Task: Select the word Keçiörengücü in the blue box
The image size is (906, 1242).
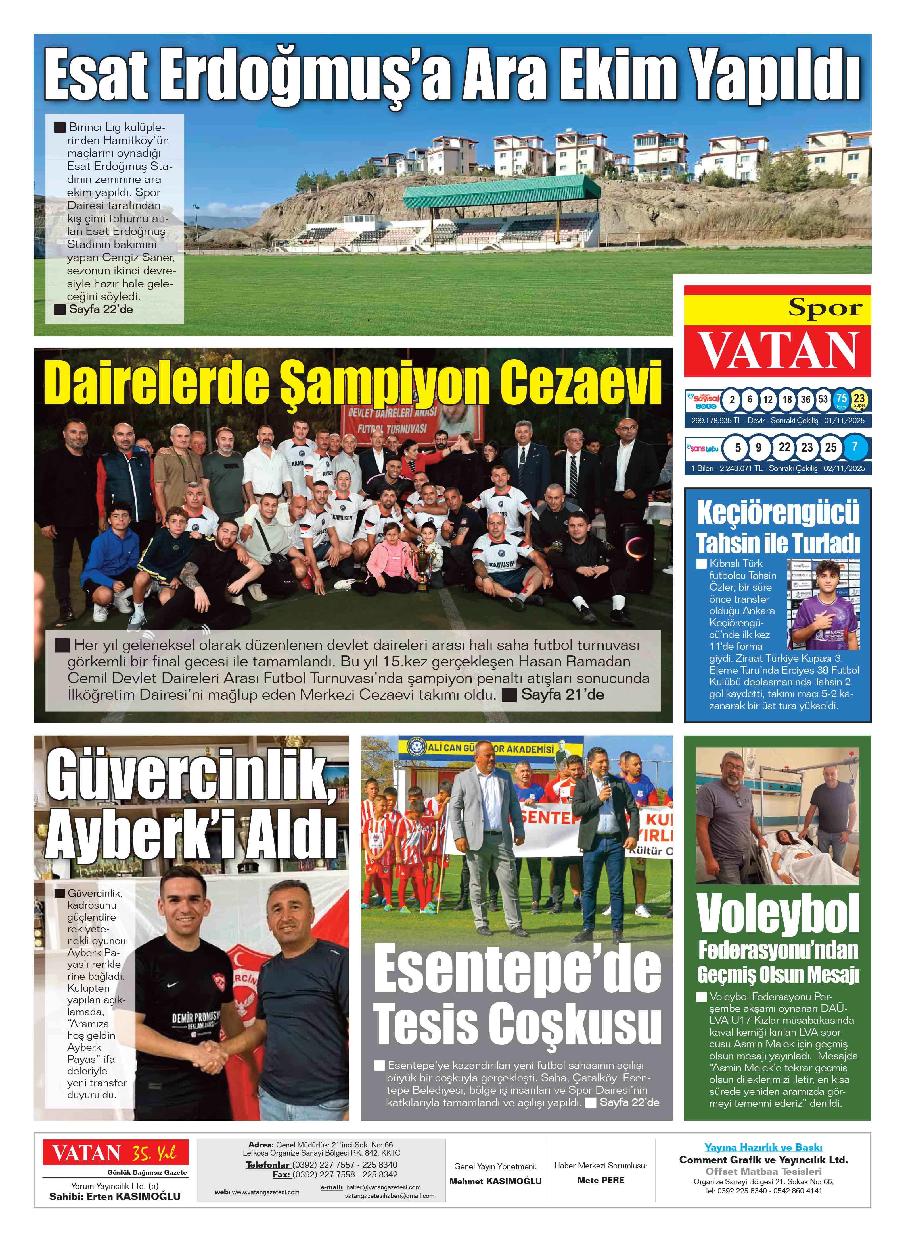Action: click(778, 513)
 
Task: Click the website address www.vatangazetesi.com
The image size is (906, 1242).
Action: click(265, 1191)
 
